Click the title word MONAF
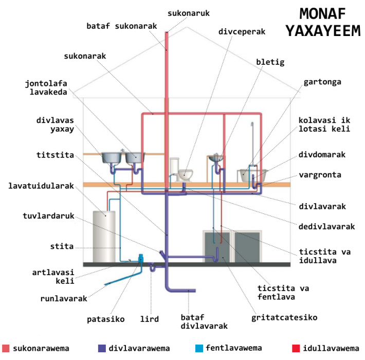(322, 14)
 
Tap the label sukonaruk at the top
(189, 11)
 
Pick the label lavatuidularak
(41, 185)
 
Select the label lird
(149, 319)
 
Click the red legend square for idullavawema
(295, 348)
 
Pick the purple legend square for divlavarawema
(101, 348)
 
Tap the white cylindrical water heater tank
(104, 236)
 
